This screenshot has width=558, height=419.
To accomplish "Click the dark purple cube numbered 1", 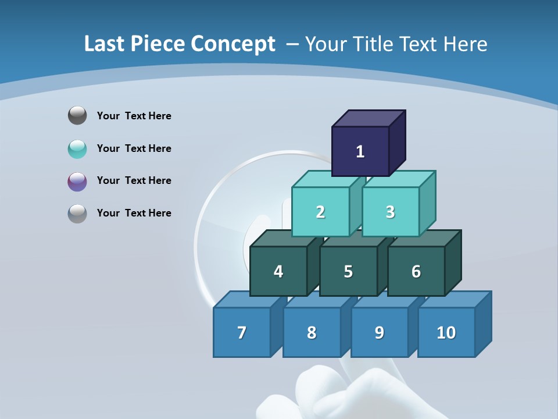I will tap(360, 151).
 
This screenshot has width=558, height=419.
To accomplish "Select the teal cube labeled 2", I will tap(320, 212).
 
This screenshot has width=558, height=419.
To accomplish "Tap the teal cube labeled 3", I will tap(390, 212).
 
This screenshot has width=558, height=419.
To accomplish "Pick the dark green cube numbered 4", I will tap(278, 271).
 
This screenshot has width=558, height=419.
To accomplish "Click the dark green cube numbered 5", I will tap(348, 271).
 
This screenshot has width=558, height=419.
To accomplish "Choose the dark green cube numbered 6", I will tap(416, 271).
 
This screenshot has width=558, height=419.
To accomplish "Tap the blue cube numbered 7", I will tap(242, 332).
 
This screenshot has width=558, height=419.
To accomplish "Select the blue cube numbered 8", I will tap(312, 332).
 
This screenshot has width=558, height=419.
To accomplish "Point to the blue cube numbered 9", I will tap(380, 332).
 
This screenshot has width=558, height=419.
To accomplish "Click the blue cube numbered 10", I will tap(446, 332).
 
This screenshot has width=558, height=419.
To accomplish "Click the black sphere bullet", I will tap(77, 115).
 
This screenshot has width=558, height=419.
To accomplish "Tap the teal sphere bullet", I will tap(77, 149).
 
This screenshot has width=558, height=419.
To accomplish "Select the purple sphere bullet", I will tap(77, 182).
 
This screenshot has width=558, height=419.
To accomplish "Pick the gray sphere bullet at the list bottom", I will tap(77, 214).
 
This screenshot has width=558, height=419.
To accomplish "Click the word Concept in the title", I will tap(233, 44).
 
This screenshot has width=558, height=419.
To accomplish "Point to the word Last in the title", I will tap(105, 44).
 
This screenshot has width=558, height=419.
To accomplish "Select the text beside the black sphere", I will tap(134, 116).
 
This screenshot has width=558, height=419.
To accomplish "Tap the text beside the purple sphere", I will tap(134, 180).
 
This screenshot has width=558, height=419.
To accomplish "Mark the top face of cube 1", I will tap(369, 118).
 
